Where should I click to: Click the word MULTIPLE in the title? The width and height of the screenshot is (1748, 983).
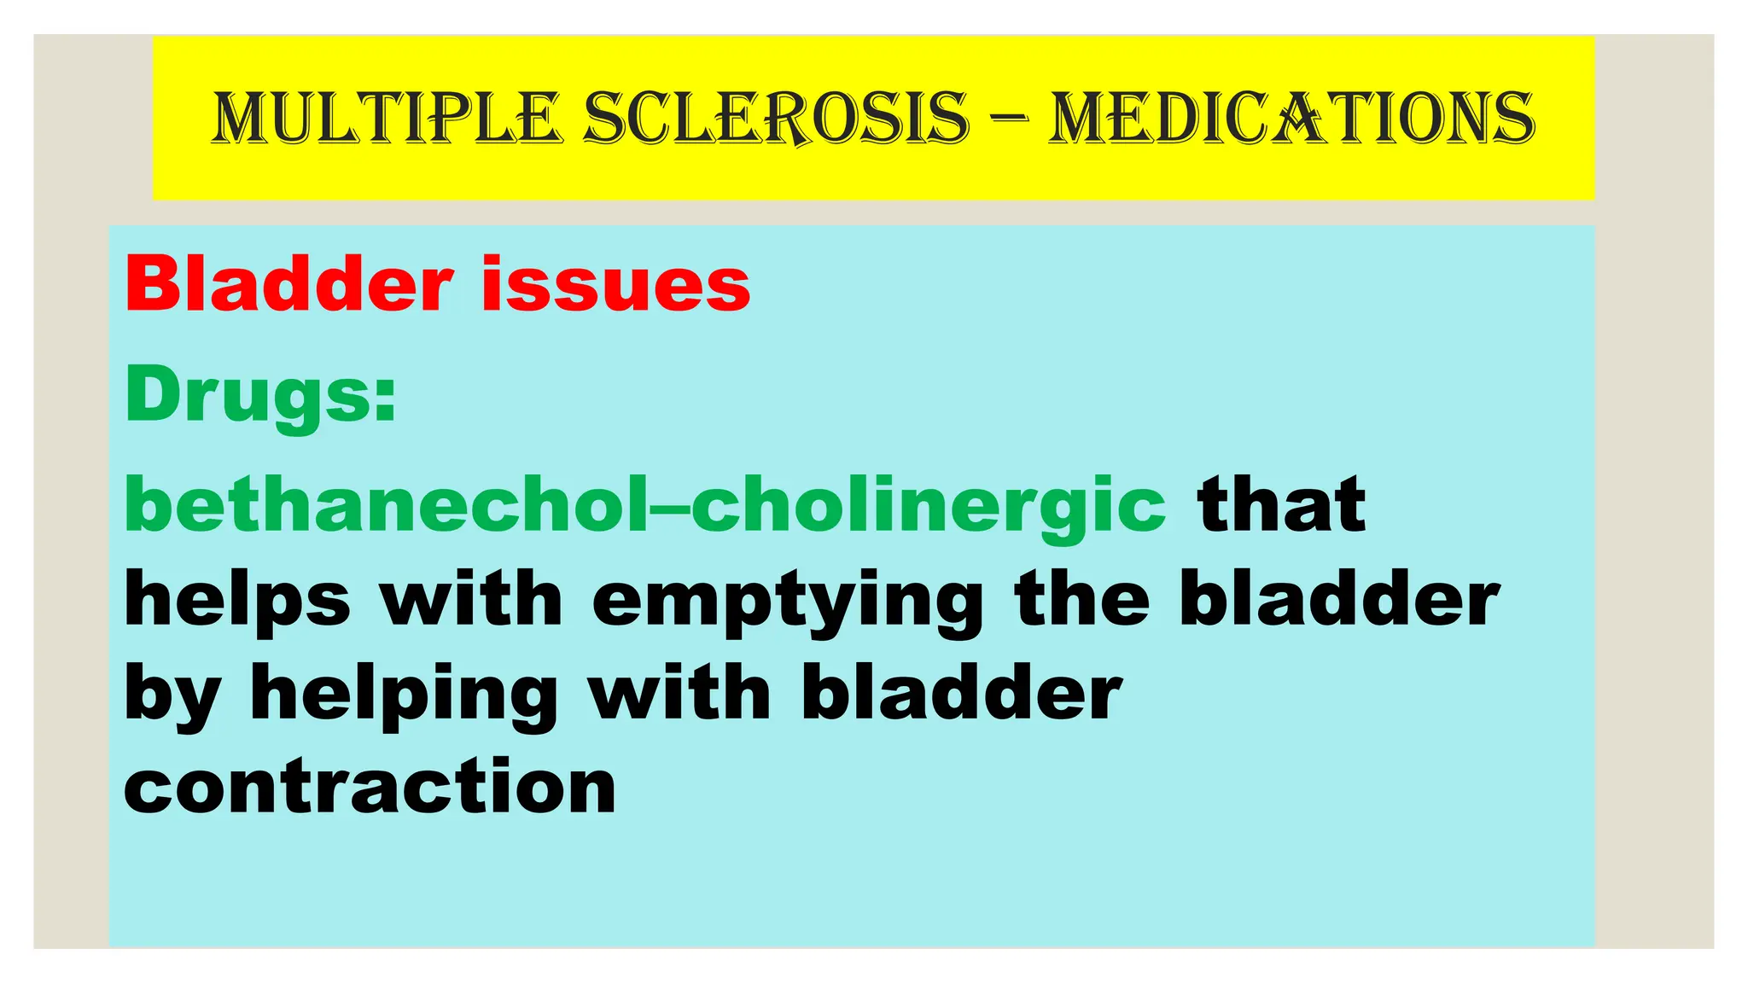(x=386, y=118)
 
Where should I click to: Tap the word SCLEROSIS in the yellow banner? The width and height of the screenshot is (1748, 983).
(x=777, y=118)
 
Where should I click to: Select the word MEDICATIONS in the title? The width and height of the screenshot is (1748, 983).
(x=1292, y=118)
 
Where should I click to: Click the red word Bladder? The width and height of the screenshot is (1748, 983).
(x=288, y=284)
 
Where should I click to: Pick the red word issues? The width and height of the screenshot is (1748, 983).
(x=615, y=284)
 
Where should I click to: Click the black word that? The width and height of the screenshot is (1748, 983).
(x=1281, y=504)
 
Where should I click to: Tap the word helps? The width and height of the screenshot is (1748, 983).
(x=237, y=601)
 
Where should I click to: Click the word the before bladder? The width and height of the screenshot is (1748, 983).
(x=1082, y=599)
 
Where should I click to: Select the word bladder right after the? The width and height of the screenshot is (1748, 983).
(x=1339, y=599)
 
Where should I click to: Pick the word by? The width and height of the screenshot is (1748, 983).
(x=172, y=695)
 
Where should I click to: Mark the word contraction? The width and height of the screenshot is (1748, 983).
(x=370, y=787)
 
